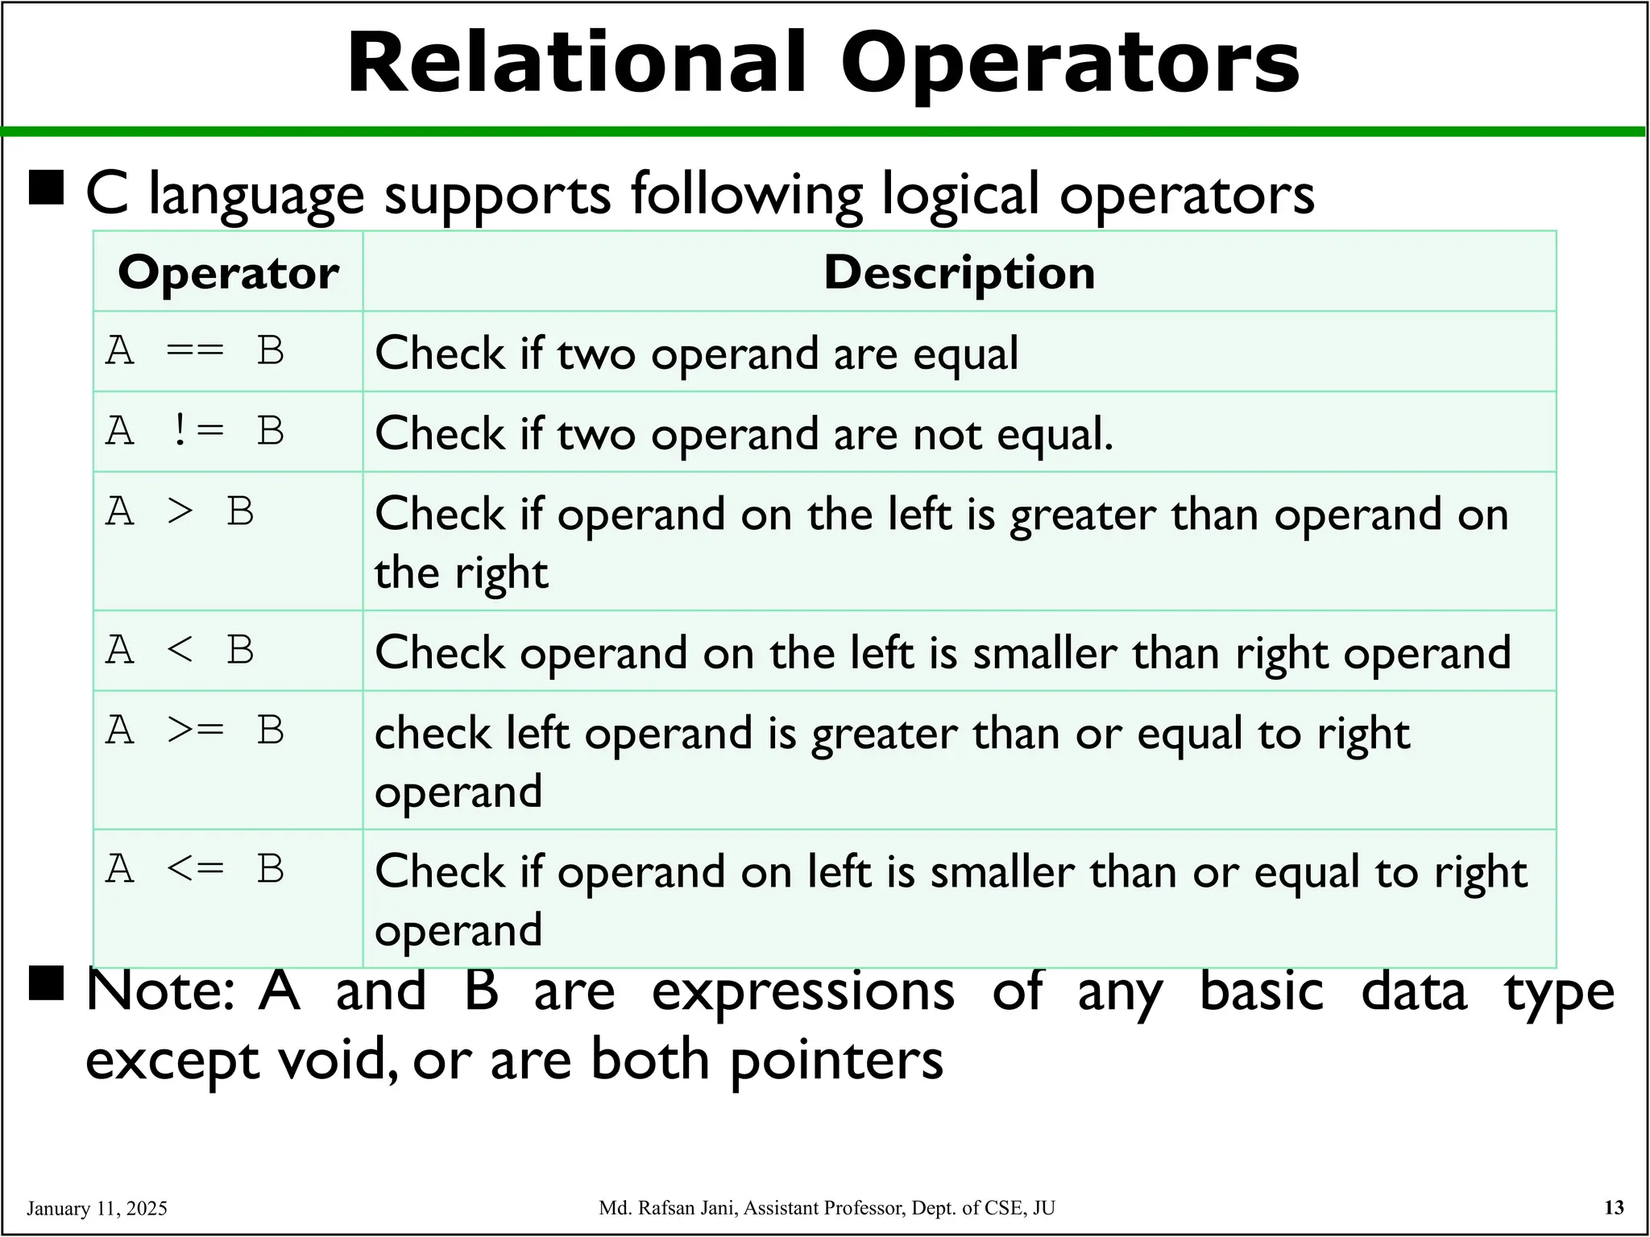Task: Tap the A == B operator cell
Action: pos(195,351)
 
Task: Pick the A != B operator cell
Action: pos(195,432)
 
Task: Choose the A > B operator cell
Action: pos(180,512)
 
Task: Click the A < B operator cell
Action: pos(180,651)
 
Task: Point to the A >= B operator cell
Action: pos(195,731)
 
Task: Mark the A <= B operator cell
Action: pos(195,870)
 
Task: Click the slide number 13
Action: pos(1614,1207)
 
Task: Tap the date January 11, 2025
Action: pos(97,1208)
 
